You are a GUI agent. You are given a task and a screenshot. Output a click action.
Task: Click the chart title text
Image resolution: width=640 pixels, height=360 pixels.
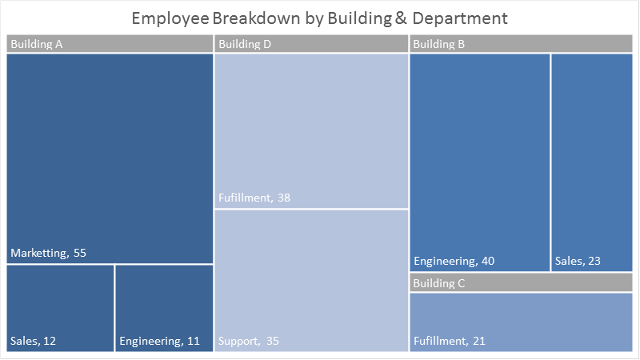tap(319, 18)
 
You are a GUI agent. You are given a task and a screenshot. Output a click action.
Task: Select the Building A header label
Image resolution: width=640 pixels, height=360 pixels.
tap(37, 45)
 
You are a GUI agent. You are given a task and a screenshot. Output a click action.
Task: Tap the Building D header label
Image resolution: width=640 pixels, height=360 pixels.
tap(245, 45)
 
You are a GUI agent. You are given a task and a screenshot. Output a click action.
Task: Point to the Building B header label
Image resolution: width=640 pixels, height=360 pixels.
tap(439, 45)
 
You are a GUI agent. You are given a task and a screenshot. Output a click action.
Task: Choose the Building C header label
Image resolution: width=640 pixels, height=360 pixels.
tap(439, 283)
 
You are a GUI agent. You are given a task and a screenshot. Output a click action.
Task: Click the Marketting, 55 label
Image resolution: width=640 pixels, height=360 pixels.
tap(48, 254)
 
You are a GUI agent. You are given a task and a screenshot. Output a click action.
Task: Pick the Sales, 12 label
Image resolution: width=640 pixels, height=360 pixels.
tap(33, 342)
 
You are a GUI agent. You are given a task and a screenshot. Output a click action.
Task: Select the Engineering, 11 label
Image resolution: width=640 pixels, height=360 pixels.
tap(159, 342)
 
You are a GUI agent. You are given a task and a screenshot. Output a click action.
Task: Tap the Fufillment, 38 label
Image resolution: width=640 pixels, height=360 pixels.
tap(254, 198)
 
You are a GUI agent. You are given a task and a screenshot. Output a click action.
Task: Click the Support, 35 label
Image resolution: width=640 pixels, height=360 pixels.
tap(249, 342)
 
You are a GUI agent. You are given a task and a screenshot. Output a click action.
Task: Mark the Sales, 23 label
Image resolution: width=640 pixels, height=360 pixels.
tap(577, 262)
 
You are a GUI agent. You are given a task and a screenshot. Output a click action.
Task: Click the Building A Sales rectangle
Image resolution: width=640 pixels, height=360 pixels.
tap(60, 304)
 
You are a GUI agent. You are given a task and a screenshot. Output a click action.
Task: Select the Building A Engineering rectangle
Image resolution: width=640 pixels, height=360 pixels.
tap(164, 304)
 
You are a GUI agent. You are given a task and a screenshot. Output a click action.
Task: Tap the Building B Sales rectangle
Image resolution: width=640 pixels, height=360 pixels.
tap(591, 160)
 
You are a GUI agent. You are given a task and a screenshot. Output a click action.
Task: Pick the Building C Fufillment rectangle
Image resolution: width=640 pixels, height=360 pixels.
tap(520, 316)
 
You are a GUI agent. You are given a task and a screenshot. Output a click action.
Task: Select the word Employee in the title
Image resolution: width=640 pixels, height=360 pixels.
tap(166, 18)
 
